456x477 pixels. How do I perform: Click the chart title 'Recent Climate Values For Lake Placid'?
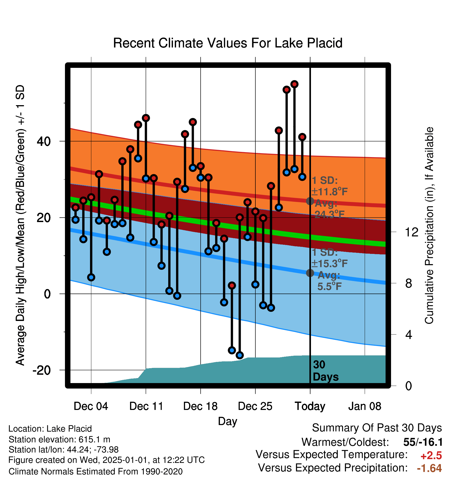click(x=228, y=43)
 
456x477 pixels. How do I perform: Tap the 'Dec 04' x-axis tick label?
click(x=91, y=406)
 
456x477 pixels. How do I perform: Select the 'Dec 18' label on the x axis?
click(x=200, y=406)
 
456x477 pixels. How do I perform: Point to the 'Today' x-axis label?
click(x=310, y=407)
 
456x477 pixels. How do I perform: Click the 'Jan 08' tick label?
click(x=365, y=406)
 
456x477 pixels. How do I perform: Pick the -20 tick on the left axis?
click(x=41, y=370)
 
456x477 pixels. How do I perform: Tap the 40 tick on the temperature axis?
click(x=44, y=141)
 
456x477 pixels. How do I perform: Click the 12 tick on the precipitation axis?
click(x=412, y=232)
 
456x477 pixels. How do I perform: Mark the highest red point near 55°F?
click(x=295, y=84)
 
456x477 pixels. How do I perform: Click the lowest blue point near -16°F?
click(x=240, y=355)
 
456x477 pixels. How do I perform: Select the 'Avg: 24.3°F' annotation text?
click(x=329, y=209)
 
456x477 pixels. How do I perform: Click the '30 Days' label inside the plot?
click(x=326, y=371)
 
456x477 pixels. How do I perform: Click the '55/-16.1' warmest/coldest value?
click(x=423, y=442)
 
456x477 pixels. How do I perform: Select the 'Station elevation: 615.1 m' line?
click(x=59, y=439)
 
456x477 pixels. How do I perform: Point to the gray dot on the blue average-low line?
click(x=310, y=273)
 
